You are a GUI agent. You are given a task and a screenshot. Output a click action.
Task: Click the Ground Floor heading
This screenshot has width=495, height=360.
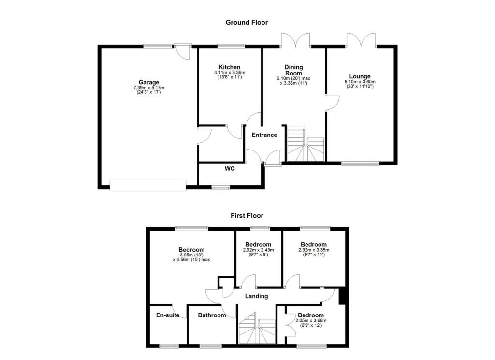coord(247,22)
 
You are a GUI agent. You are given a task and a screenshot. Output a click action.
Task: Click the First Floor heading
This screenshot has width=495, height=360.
coord(247,216)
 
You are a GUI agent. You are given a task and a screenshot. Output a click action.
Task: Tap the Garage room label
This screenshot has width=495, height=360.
coord(149,82)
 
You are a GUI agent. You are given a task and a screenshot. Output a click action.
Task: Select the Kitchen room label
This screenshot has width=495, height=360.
coord(229,67)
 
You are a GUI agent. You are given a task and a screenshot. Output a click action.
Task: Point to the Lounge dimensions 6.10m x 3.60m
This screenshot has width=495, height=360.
coord(360,82)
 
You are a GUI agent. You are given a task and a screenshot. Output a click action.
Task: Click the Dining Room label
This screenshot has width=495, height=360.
coord(293,70)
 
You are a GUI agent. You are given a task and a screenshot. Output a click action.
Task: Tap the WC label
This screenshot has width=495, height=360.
coord(230,169)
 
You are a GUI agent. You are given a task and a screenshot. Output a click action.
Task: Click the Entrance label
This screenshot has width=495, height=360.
coord(264,135)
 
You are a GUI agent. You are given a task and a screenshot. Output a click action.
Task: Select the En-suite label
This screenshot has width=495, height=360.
coord(167,315)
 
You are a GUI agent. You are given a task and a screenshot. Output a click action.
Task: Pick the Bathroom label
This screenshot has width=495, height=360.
coord(212,315)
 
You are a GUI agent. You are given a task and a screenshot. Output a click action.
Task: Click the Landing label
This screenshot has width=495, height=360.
coord(256,296)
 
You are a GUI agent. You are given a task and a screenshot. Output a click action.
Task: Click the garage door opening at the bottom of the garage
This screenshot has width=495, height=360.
coord(147,185)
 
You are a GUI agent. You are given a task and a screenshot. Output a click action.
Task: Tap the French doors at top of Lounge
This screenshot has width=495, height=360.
coord(361,41)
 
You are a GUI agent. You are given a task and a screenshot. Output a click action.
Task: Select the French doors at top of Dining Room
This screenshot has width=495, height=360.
coord(295,41)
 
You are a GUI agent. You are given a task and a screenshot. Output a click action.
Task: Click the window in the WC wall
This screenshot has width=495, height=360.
coord(221,187)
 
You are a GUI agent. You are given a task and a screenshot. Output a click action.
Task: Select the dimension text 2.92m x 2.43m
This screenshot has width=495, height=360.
coord(258,250)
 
